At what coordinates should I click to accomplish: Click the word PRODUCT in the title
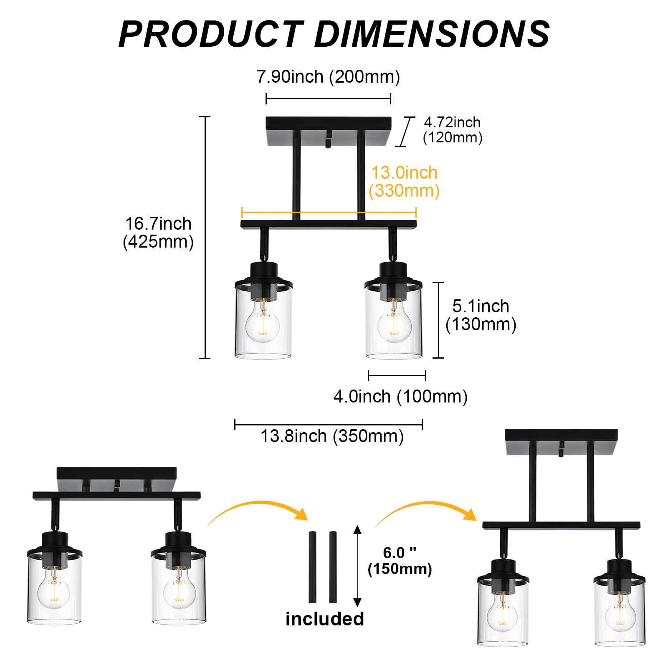pos(210,34)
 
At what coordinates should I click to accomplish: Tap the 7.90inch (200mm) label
pos(328,77)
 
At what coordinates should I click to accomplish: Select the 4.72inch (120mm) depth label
pos(453,130)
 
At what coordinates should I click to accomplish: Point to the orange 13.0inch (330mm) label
pos(404,182)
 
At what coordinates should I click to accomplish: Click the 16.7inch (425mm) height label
pos(158,233)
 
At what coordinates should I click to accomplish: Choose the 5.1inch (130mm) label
pos(481,315)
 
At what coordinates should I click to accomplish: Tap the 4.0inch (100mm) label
pos(400,396)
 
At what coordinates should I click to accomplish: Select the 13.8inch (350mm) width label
pos(332,436)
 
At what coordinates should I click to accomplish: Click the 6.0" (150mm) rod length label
pos(400,561)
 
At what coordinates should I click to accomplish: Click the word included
pos(324,619)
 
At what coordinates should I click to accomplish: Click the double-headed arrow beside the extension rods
pos(357,566)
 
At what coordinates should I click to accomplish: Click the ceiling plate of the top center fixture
pos(329,124)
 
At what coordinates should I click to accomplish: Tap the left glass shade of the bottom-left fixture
pos(54,591)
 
